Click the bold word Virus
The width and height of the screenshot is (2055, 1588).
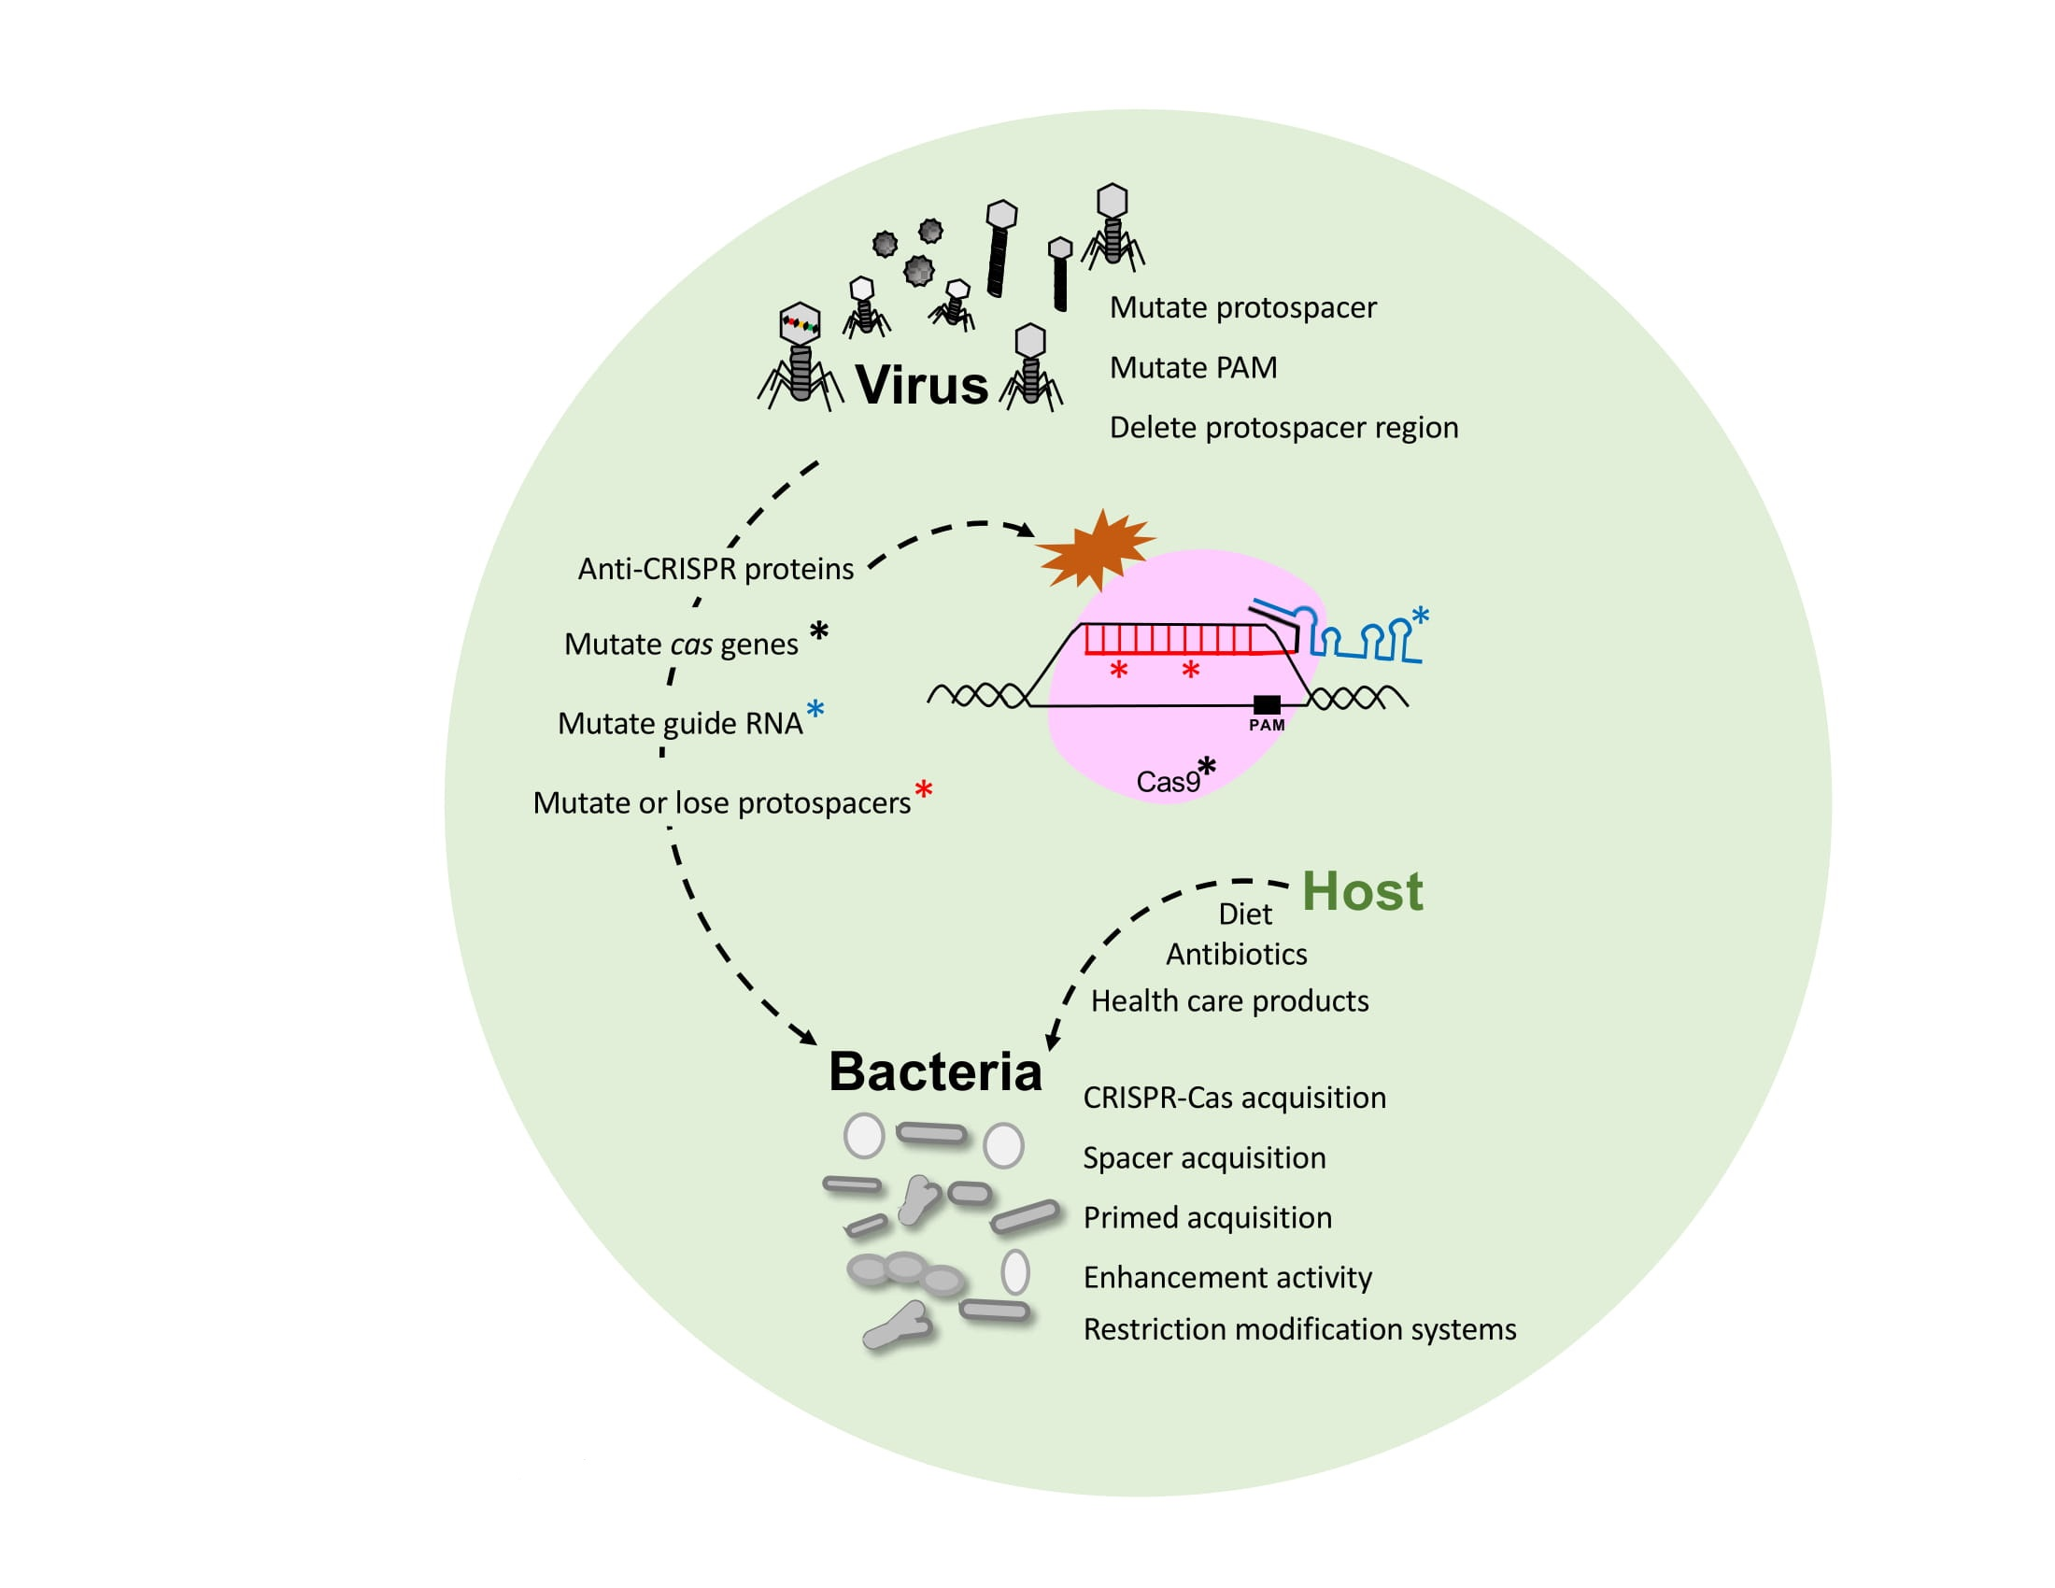pyautogui.click(x=921, y=385)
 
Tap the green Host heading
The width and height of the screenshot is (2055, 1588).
pyautogui.click(x=1362, y=891)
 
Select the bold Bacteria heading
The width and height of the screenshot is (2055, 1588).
pyautogui.click(x=935, y=1071)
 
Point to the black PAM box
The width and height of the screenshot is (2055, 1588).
pyautogui.click(x=1267, y=704)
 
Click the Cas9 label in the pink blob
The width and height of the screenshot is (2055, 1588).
pyautogui.click(x=1168, y=782)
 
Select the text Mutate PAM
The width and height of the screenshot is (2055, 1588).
pyautogui.click(x=1193, y=367)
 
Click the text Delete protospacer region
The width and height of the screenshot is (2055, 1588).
pyautogui.click(x=1283, y=427)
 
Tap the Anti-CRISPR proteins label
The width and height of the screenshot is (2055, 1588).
pyautogui.click(x=716, y=569)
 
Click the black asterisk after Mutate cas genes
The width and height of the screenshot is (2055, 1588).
pyautogui.click(x=818, y=632)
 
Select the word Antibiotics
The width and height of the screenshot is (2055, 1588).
pyautogui.click(x=1237, y=955)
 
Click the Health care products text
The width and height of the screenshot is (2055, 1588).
pyautogui.click(x=1229, y=1001)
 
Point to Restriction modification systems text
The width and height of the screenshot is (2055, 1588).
pyautogui.click(x=1299, y=1329)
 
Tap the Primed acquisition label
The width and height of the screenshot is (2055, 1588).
pyautogui.click(x=1207, y=1217)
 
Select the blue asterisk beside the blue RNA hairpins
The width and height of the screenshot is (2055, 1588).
pyautogui.click(x=1420, y=617)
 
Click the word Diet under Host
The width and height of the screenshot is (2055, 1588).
pyautogui.click(x=1244, y=914)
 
